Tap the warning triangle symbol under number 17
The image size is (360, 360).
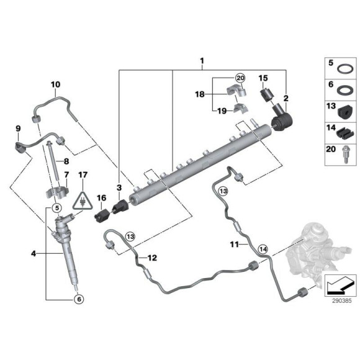pos(81,200)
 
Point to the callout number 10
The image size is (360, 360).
pos(55,84)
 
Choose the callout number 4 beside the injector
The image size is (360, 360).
pos(34,253)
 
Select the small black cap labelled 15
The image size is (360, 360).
pos(268,94)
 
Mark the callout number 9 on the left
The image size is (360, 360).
pos(18,129)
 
